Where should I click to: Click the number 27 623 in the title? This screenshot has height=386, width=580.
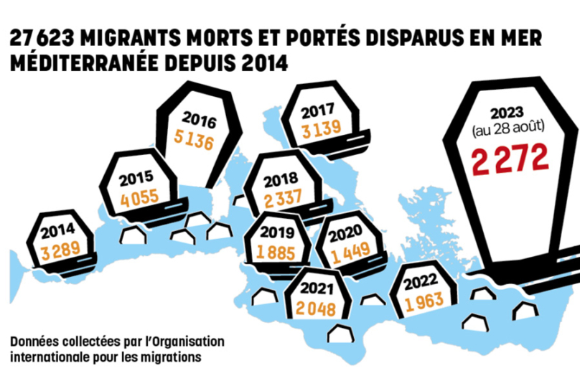(x=42, y=39)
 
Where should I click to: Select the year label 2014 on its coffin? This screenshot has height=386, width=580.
(x=57, y=232)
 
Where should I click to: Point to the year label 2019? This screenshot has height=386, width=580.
(x=278, y=233)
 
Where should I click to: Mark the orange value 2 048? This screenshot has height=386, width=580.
(x=317, y=309)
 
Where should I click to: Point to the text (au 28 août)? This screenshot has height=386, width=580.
(x=510, y=128)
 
